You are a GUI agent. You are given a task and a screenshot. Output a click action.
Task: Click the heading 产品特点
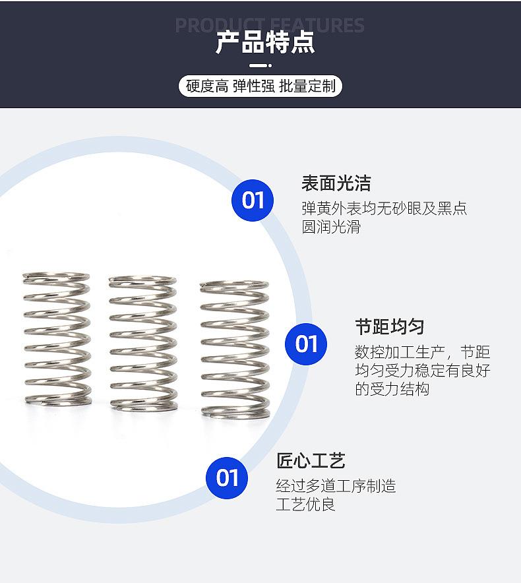click(265, 42)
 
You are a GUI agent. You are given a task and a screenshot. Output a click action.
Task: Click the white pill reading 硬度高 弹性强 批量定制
click(260, 86)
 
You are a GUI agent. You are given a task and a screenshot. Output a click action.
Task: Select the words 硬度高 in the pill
click(206, 86)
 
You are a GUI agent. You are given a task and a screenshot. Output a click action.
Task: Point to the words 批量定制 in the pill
click(307, 86)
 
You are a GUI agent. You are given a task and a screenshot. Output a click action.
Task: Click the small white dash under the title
click(261, 66)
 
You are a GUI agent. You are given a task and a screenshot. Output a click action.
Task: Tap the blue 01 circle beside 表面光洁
click(253, 200)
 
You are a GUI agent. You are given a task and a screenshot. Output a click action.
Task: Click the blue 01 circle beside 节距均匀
click(306, 344)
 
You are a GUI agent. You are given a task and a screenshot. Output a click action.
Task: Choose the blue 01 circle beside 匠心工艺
click(228, 477)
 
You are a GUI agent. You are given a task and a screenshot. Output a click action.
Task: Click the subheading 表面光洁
click(336, 183)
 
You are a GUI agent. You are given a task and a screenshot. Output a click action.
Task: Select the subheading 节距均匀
click(389, 327)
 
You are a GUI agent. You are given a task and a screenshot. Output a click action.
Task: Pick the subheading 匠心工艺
click(311, 460)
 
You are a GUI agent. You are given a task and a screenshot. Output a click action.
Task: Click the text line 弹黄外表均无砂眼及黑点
click(384, 208)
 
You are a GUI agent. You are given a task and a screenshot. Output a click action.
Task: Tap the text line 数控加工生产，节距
click(422, 352)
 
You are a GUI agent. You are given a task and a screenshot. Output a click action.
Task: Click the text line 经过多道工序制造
click(336, 486)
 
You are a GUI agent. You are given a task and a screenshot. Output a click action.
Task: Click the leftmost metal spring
click(57, 338)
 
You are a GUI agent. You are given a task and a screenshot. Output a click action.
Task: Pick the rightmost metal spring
click(235, 348)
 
